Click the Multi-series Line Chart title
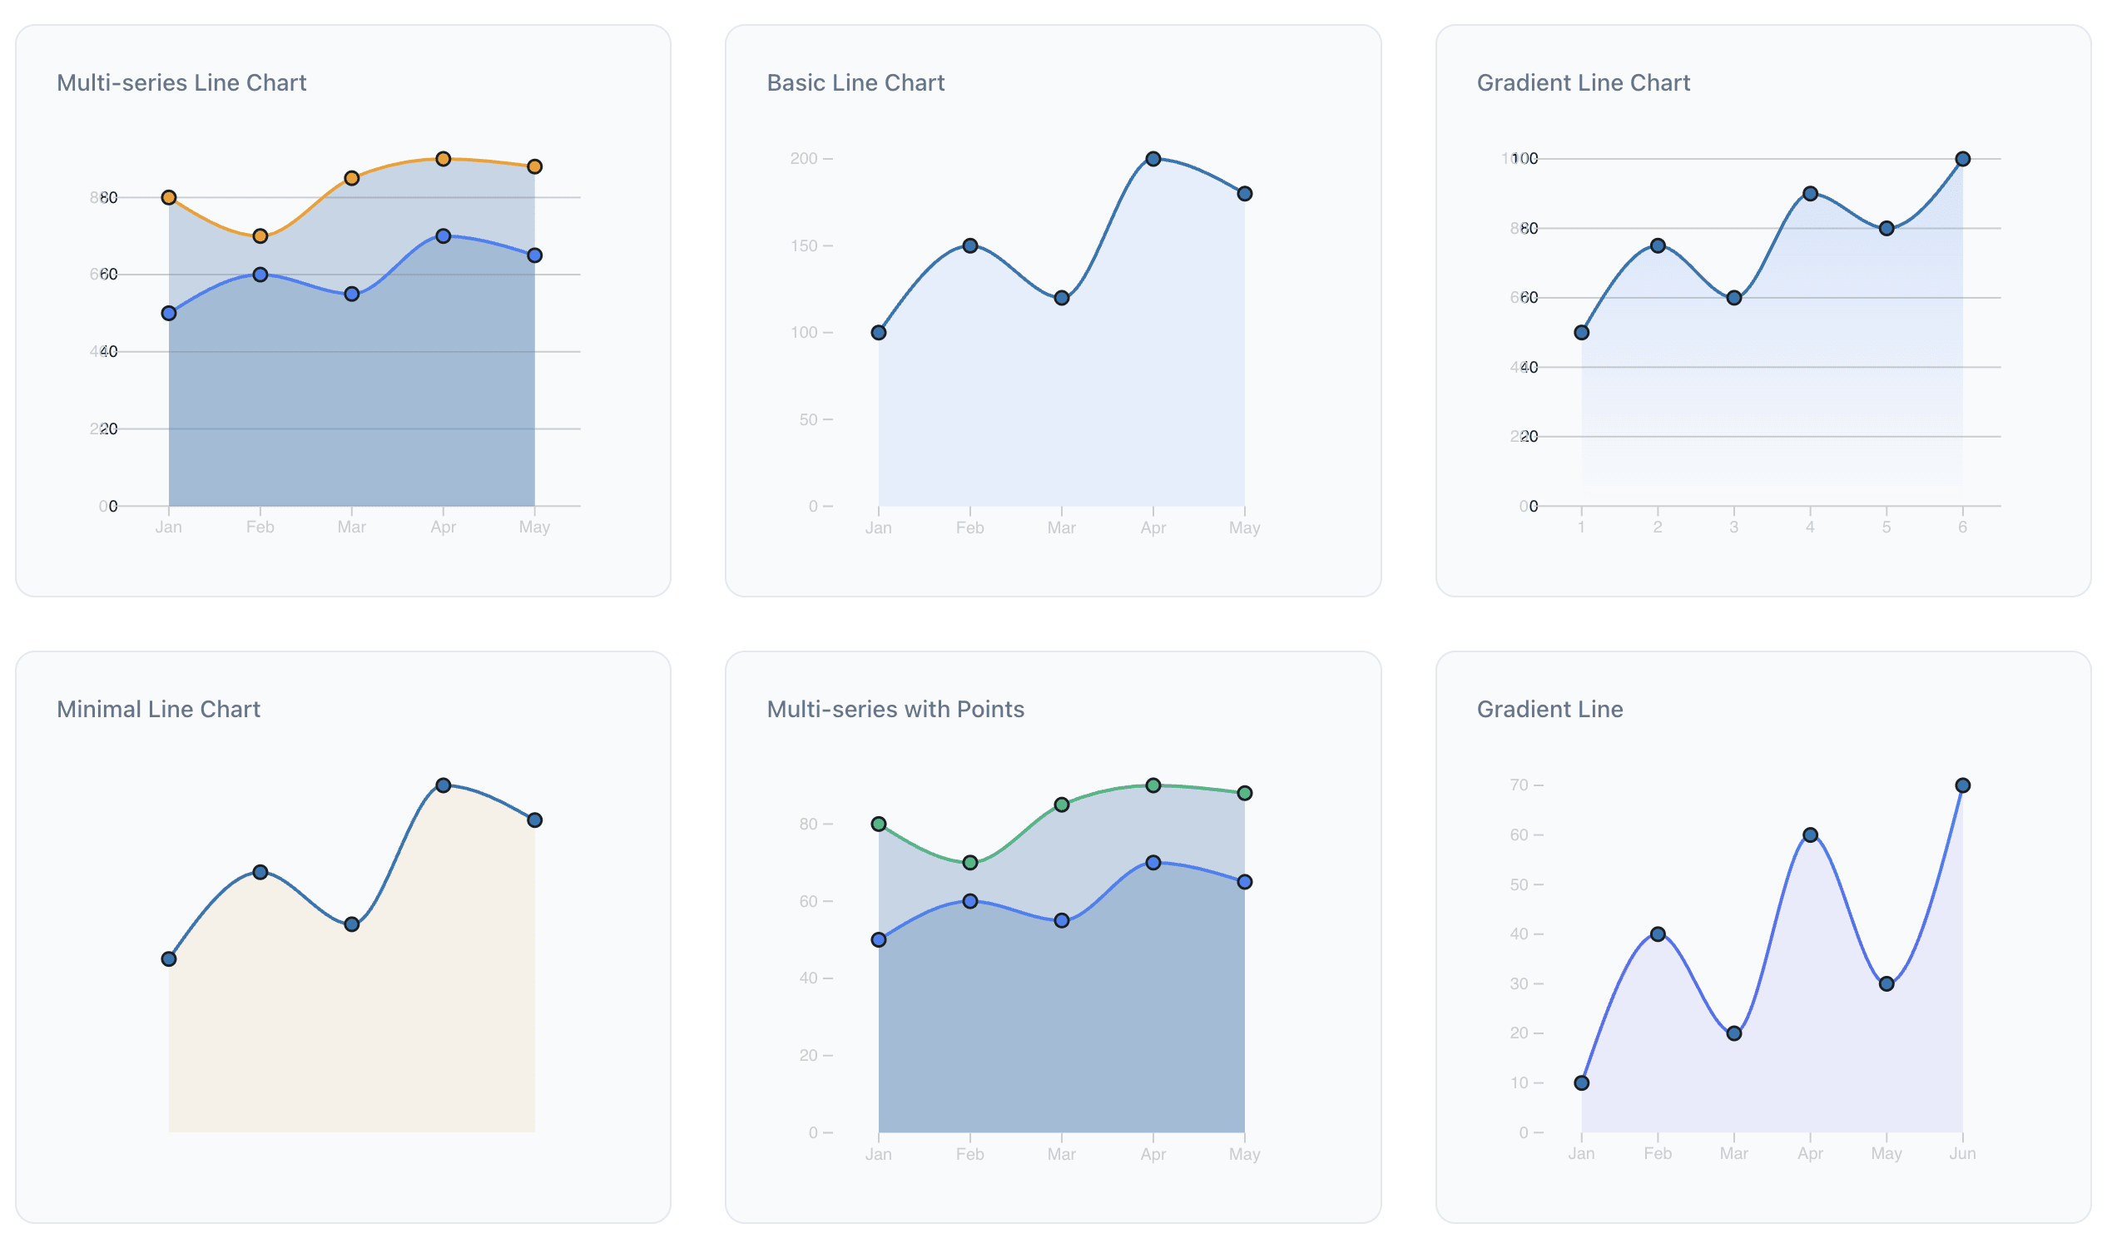(x=182, y=83)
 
